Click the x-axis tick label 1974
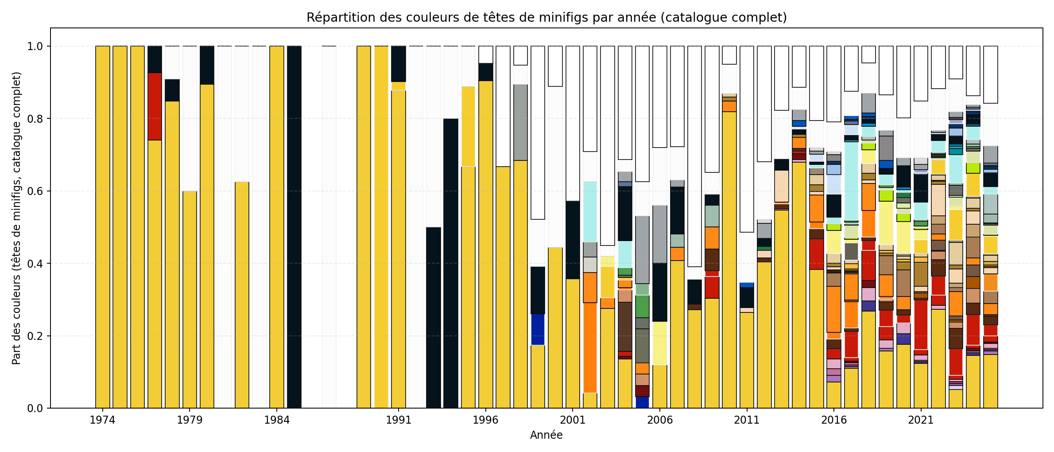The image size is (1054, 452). click(102, 420)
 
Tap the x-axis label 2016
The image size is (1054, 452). click(834, 420)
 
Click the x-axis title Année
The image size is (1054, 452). click(546, 435)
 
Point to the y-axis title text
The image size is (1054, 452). click(17, 218)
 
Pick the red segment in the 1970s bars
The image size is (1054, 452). click(155, 106)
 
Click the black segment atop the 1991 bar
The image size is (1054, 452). click(399, 64)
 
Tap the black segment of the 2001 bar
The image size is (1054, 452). click(573, 240)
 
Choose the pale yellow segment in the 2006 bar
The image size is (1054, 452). click(660, 343)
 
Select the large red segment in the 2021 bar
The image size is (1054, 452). click(921, 325)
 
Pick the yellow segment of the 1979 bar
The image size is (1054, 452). click(190, 299)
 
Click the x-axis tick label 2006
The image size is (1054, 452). click(660, 420)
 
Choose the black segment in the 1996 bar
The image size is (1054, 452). click(485, 72)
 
